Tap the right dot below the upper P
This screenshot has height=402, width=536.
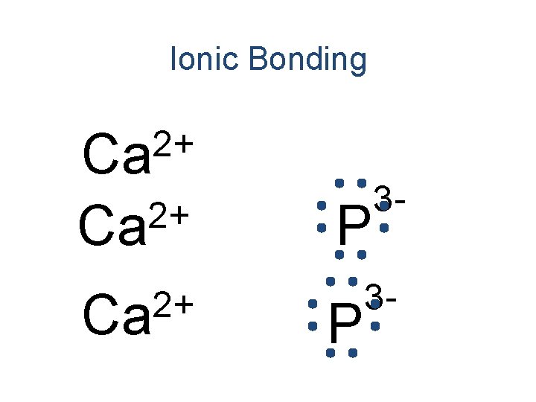tap(361, 255)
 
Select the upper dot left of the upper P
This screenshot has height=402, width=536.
tap(320, 205)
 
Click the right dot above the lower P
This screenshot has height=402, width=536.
tap(352, 281)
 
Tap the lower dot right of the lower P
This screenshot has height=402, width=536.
tap(376, 326)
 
